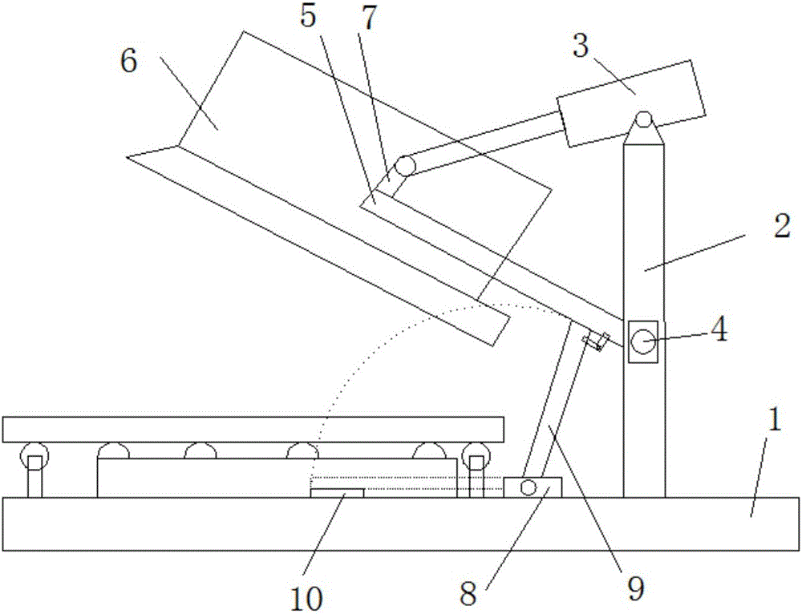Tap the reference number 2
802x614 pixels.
tap(782, 225)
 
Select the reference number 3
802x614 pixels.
tap(581, 46)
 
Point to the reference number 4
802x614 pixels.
tap(719, 329)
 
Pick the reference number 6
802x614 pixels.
tap(128, 62)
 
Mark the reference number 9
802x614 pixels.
tap(635, 588)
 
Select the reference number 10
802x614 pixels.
tap(306, 597)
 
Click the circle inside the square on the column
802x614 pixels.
tap(643, 341)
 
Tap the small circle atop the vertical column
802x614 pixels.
tap(644, 119)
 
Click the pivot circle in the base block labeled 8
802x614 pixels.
tap(528, 487)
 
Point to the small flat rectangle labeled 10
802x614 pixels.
tap(338, 493)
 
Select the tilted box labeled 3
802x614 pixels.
tap(631, 103)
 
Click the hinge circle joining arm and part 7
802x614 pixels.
tap(406, 166)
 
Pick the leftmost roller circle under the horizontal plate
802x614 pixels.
tap(34, 454)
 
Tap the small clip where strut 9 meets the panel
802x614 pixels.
tap(597, 341)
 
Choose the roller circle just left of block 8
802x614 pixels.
tap(476, 454)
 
